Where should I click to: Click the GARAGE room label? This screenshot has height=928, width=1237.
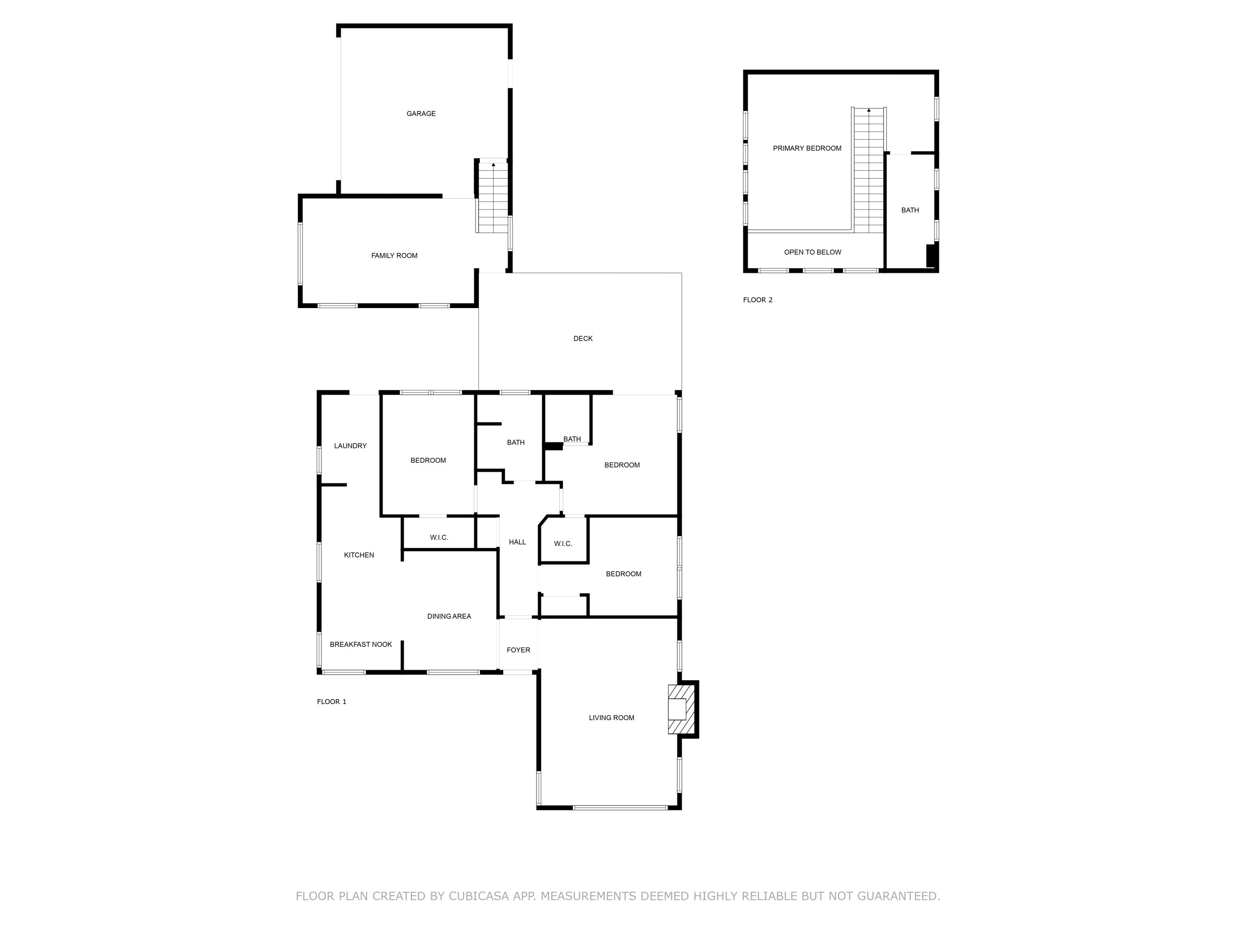click(x=421, y=113)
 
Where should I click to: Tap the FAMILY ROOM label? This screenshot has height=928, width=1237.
click(x=394, y=256)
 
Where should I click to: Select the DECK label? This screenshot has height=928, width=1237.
click(x=583, y=339)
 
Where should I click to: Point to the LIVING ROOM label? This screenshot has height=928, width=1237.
click(x=611, y=718)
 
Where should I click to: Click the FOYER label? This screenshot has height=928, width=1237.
click(x=518, y=650)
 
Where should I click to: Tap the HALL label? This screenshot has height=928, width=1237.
click(x=517, y=542)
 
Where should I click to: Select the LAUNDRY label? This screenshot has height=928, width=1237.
click(x=350, y=446)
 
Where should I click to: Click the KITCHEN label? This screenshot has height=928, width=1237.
click(x=358, y=555)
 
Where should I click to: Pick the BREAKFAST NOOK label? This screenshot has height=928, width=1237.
click(x=361, y=644)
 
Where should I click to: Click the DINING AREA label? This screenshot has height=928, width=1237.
click(x=449, y=617)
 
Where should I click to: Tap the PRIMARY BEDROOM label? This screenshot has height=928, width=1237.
click(x=807, y=148)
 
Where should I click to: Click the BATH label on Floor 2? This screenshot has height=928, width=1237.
click(x=910, y=210)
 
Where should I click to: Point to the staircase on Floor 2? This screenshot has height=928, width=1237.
click(x=868, y=171)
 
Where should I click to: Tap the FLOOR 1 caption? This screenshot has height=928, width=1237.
click(x=332, y=702)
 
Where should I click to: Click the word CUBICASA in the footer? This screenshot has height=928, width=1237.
click(x=479, y=896)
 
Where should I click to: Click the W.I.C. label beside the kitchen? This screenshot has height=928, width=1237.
click(x=439, y=537)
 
